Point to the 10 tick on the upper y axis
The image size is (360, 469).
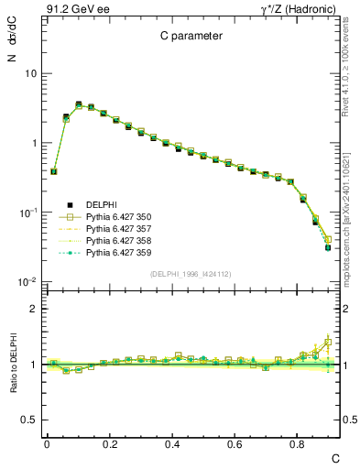(30, 73)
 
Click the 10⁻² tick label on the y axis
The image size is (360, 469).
(27, 282)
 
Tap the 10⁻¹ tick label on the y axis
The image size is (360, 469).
(27, 213)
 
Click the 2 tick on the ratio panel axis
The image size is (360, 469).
(33, 309)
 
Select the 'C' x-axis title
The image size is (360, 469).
(335, 457)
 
